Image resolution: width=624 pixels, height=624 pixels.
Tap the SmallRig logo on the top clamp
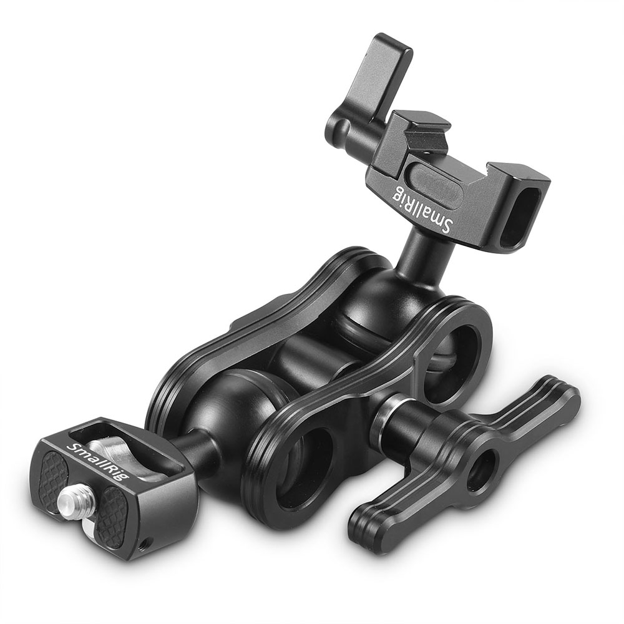tap(422, 209)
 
